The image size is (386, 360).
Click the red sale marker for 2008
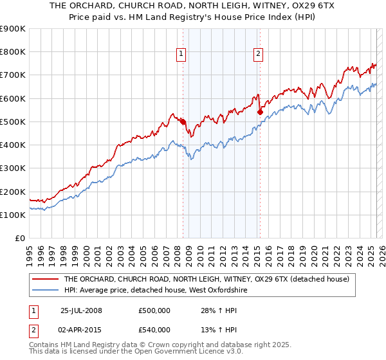[x=183, y=122]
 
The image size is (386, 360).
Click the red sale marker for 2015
[x=260, y=112]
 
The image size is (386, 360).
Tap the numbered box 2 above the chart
[x=258, y=55]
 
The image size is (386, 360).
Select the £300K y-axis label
[x=13, y=168]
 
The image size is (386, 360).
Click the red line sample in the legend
[x=46, y=280]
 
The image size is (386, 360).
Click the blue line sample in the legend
[x=46, y=291]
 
